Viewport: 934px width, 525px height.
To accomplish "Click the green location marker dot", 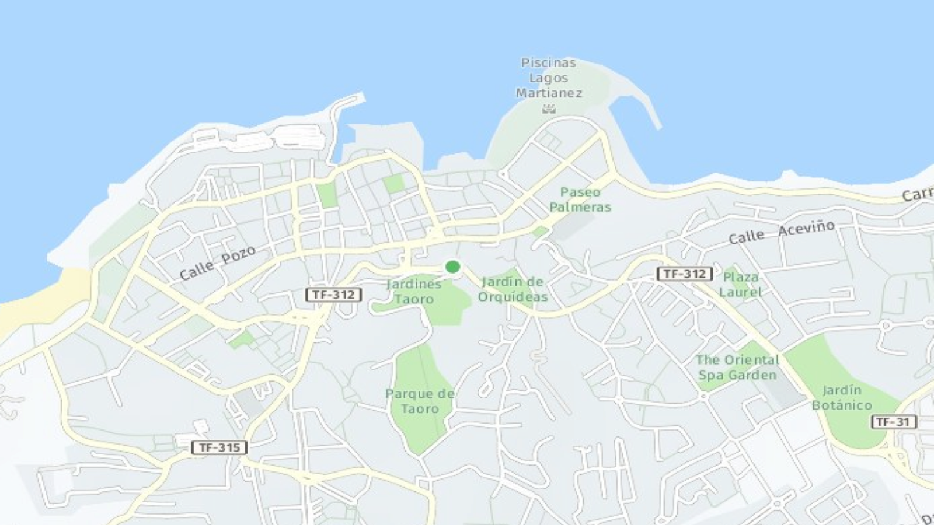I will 452,267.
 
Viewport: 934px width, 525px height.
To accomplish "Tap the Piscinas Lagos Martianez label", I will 548,78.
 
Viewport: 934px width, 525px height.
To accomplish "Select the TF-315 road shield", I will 219,447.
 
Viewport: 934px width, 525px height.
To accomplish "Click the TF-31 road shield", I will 893,422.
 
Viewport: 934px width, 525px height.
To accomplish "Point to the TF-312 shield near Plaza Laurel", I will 684,274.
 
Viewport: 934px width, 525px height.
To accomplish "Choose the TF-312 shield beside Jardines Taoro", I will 333,295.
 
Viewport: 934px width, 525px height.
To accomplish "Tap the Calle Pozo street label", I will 217,263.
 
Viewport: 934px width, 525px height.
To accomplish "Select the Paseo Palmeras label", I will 580,199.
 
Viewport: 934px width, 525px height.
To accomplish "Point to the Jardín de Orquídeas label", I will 513,289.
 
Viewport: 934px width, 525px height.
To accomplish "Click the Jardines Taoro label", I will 414,291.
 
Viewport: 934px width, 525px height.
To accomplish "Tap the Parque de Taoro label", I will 420,401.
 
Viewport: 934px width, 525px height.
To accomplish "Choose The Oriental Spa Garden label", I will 737,367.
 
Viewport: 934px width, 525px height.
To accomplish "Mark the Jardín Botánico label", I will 842,397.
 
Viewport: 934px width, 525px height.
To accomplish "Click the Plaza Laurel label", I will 740,284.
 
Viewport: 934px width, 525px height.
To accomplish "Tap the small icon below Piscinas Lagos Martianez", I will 548,109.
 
